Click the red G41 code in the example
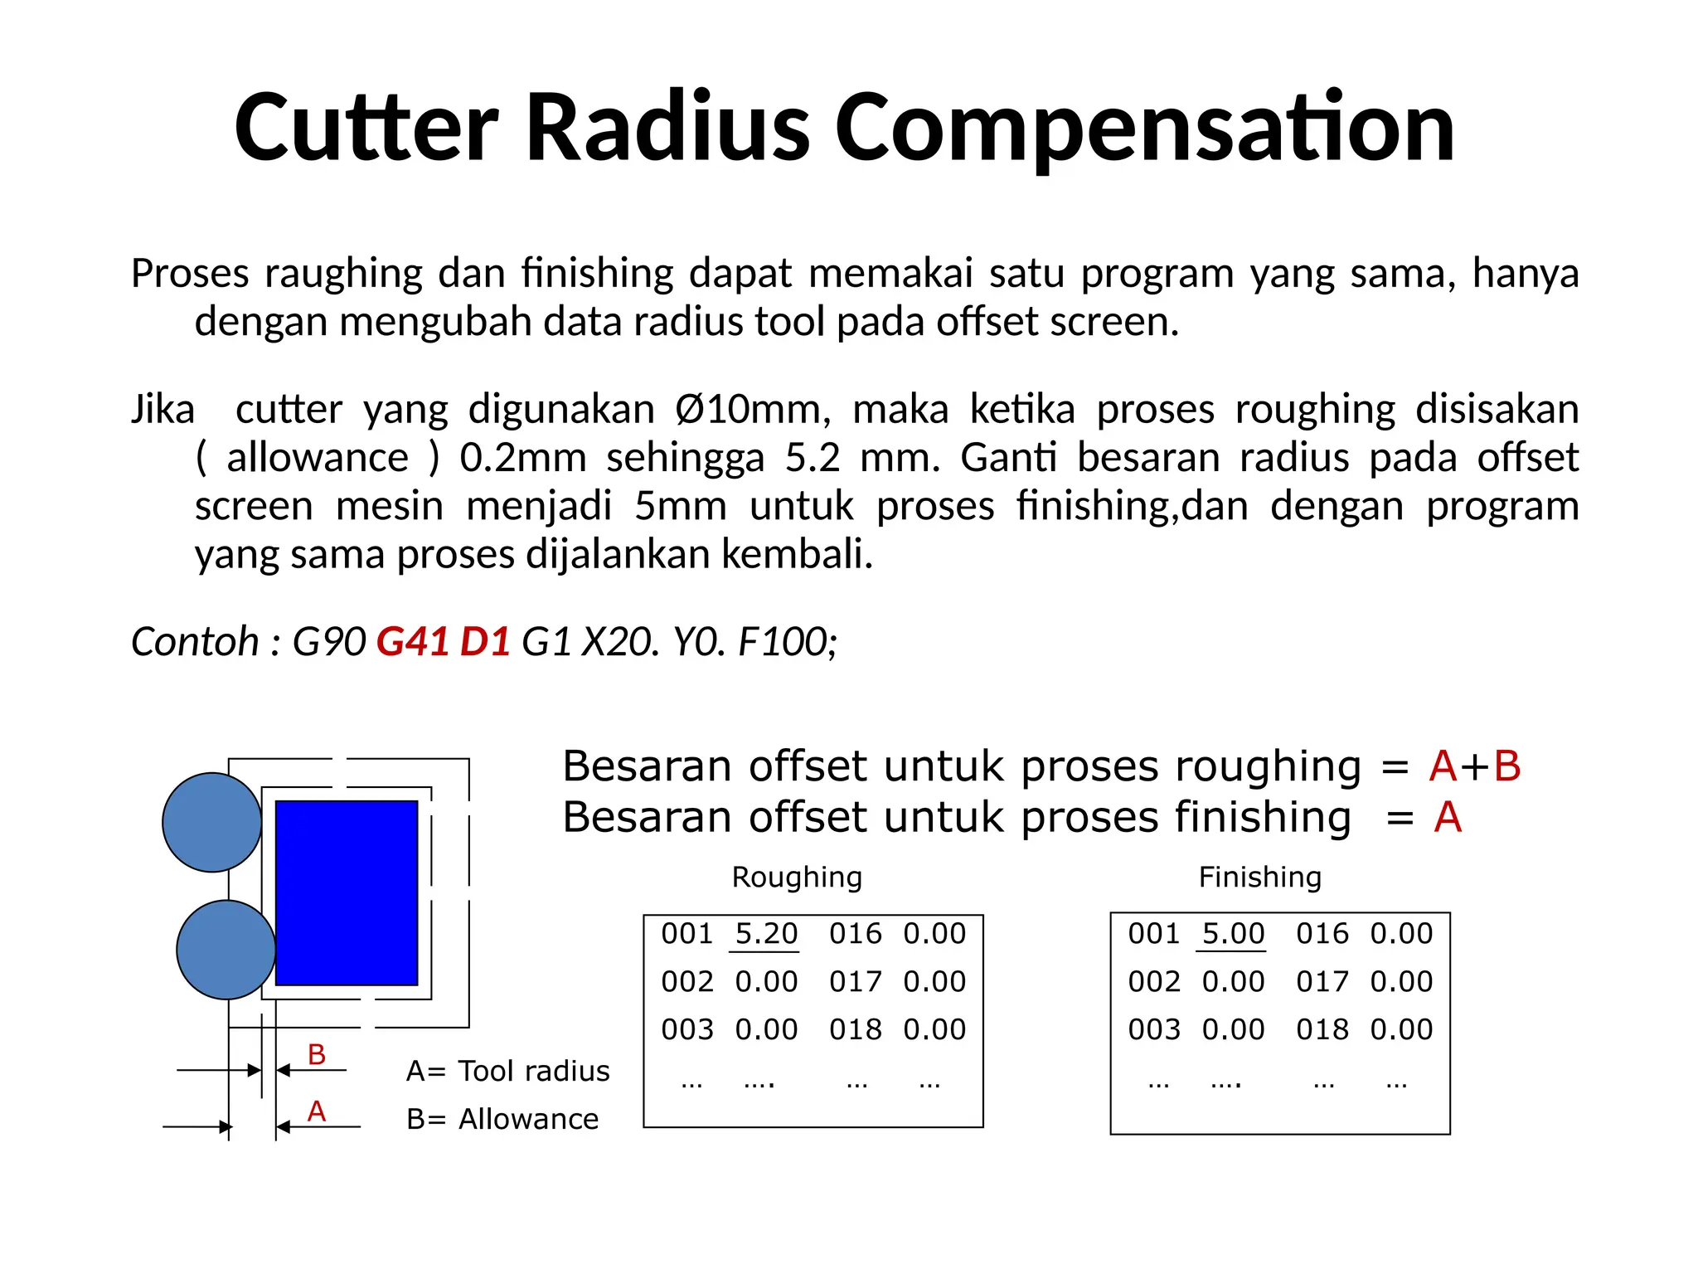pyautogui.click(x=412, y=641)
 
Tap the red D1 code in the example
pyautogui.click(x=485, y=641)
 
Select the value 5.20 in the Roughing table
pyautogui.click(x=765, y=934)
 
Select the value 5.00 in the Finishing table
pyautogui.click(x=1233, y=934)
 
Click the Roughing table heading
pyautogui.click(x=797, y=877)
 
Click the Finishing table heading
pyautogui.click(x=1259, y=877)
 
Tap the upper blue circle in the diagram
pyautogui.click(x=211, y=822)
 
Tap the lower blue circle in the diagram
pyautogui.click(x=226, y=949)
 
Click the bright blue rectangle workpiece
pyautogui.click(x=347, y=892)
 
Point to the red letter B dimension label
pyautogui.click(x=316, y=1054)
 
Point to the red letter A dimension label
pyautogui.click(x=316, y=1111)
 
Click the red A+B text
pyautogui.click(x=1475, y=766)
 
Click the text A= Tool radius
pyautogui.click(x=507, y=1071)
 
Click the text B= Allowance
pyautogui.click(x=502, y=1119)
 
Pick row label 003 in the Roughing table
pyautogui.click(x=686, y=1029)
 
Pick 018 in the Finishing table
pyautogui.click(x=1322, y=1029)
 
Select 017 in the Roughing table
pyautogui.click(x=855, y=982)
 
